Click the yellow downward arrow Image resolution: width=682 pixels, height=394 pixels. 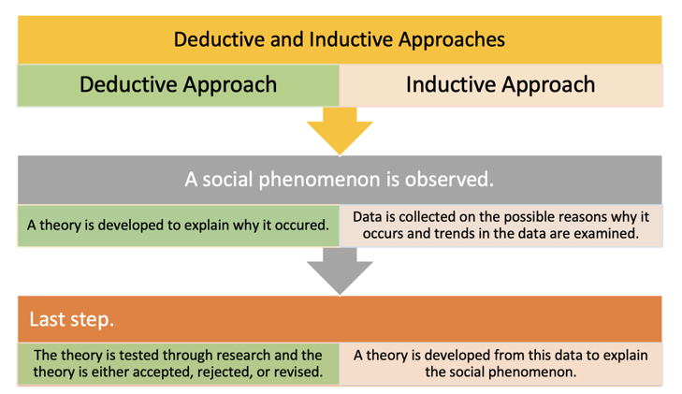pos(340,130)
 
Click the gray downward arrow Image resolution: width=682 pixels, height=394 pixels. pos(340,271)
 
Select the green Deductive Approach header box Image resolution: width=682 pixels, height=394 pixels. pos(179,85)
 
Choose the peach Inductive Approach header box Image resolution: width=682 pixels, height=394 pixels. pos(501,85)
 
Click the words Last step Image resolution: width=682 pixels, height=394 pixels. pos(71,320)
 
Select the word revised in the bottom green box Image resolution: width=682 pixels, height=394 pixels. pos(299,372)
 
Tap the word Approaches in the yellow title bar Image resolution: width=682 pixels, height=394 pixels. pos(452,40)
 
